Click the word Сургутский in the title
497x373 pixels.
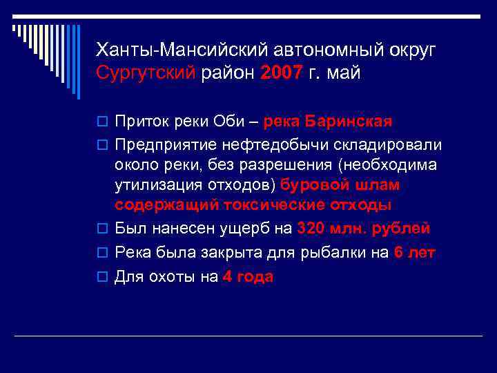pos(146,73)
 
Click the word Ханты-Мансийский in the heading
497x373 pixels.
pos(181,50)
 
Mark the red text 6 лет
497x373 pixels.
pos(415,252)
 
